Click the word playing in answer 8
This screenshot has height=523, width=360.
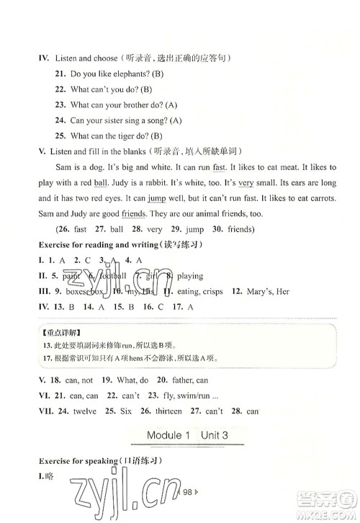pyautogui.click(x=187, y=276)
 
